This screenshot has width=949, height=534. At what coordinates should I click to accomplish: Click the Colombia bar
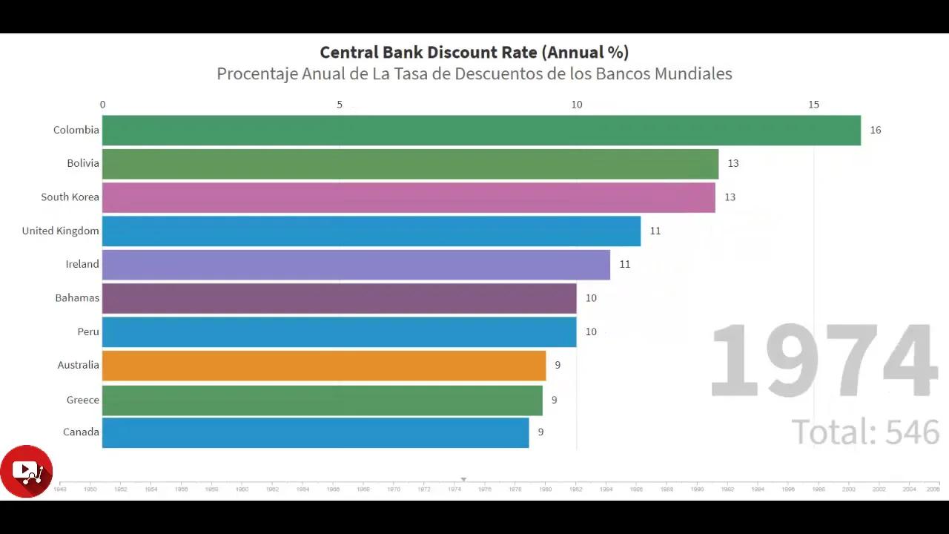481,131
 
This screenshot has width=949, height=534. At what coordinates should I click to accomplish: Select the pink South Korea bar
409,197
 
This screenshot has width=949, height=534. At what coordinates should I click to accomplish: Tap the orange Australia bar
324,366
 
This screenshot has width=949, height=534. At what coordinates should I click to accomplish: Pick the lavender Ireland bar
356,265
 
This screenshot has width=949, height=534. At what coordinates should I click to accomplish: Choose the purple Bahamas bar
339,298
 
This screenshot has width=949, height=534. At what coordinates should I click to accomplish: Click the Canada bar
315,432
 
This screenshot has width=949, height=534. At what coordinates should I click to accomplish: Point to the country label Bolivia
83,163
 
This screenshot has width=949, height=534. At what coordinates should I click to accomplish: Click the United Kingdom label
60,231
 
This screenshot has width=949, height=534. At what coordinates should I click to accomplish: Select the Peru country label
88,332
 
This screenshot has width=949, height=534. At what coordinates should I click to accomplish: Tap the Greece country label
82,400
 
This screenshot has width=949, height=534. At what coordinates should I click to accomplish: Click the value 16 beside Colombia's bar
876,131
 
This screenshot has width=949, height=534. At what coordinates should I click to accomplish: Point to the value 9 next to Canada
540,432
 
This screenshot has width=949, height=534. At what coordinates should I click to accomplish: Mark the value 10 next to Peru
591,332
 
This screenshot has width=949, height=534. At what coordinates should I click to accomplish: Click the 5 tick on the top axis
340,105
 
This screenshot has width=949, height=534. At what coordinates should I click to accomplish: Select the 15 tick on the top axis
813,105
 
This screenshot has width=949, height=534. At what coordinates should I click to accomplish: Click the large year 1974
824,362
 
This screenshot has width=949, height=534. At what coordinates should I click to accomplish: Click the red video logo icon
27,471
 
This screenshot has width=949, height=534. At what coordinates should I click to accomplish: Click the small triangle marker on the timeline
463,480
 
